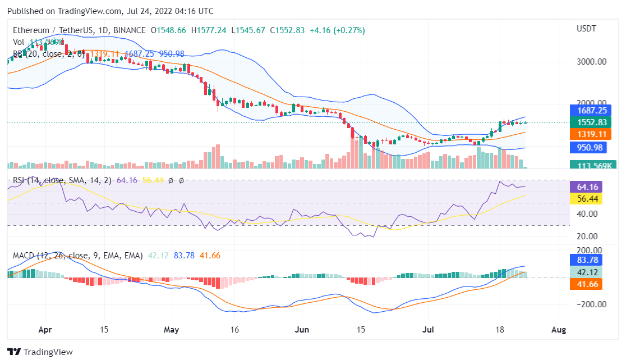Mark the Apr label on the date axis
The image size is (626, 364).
(x=46, y=329)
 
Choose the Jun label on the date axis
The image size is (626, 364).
(x=302, y=329)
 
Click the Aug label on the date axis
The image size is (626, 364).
(x=558, y=329)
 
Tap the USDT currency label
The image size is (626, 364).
(x=587, y=29)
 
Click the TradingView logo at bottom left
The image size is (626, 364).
(x=40, y=352)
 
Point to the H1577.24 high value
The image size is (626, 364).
(x=209, y=30)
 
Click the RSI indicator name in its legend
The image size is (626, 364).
(x=20, y=180)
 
